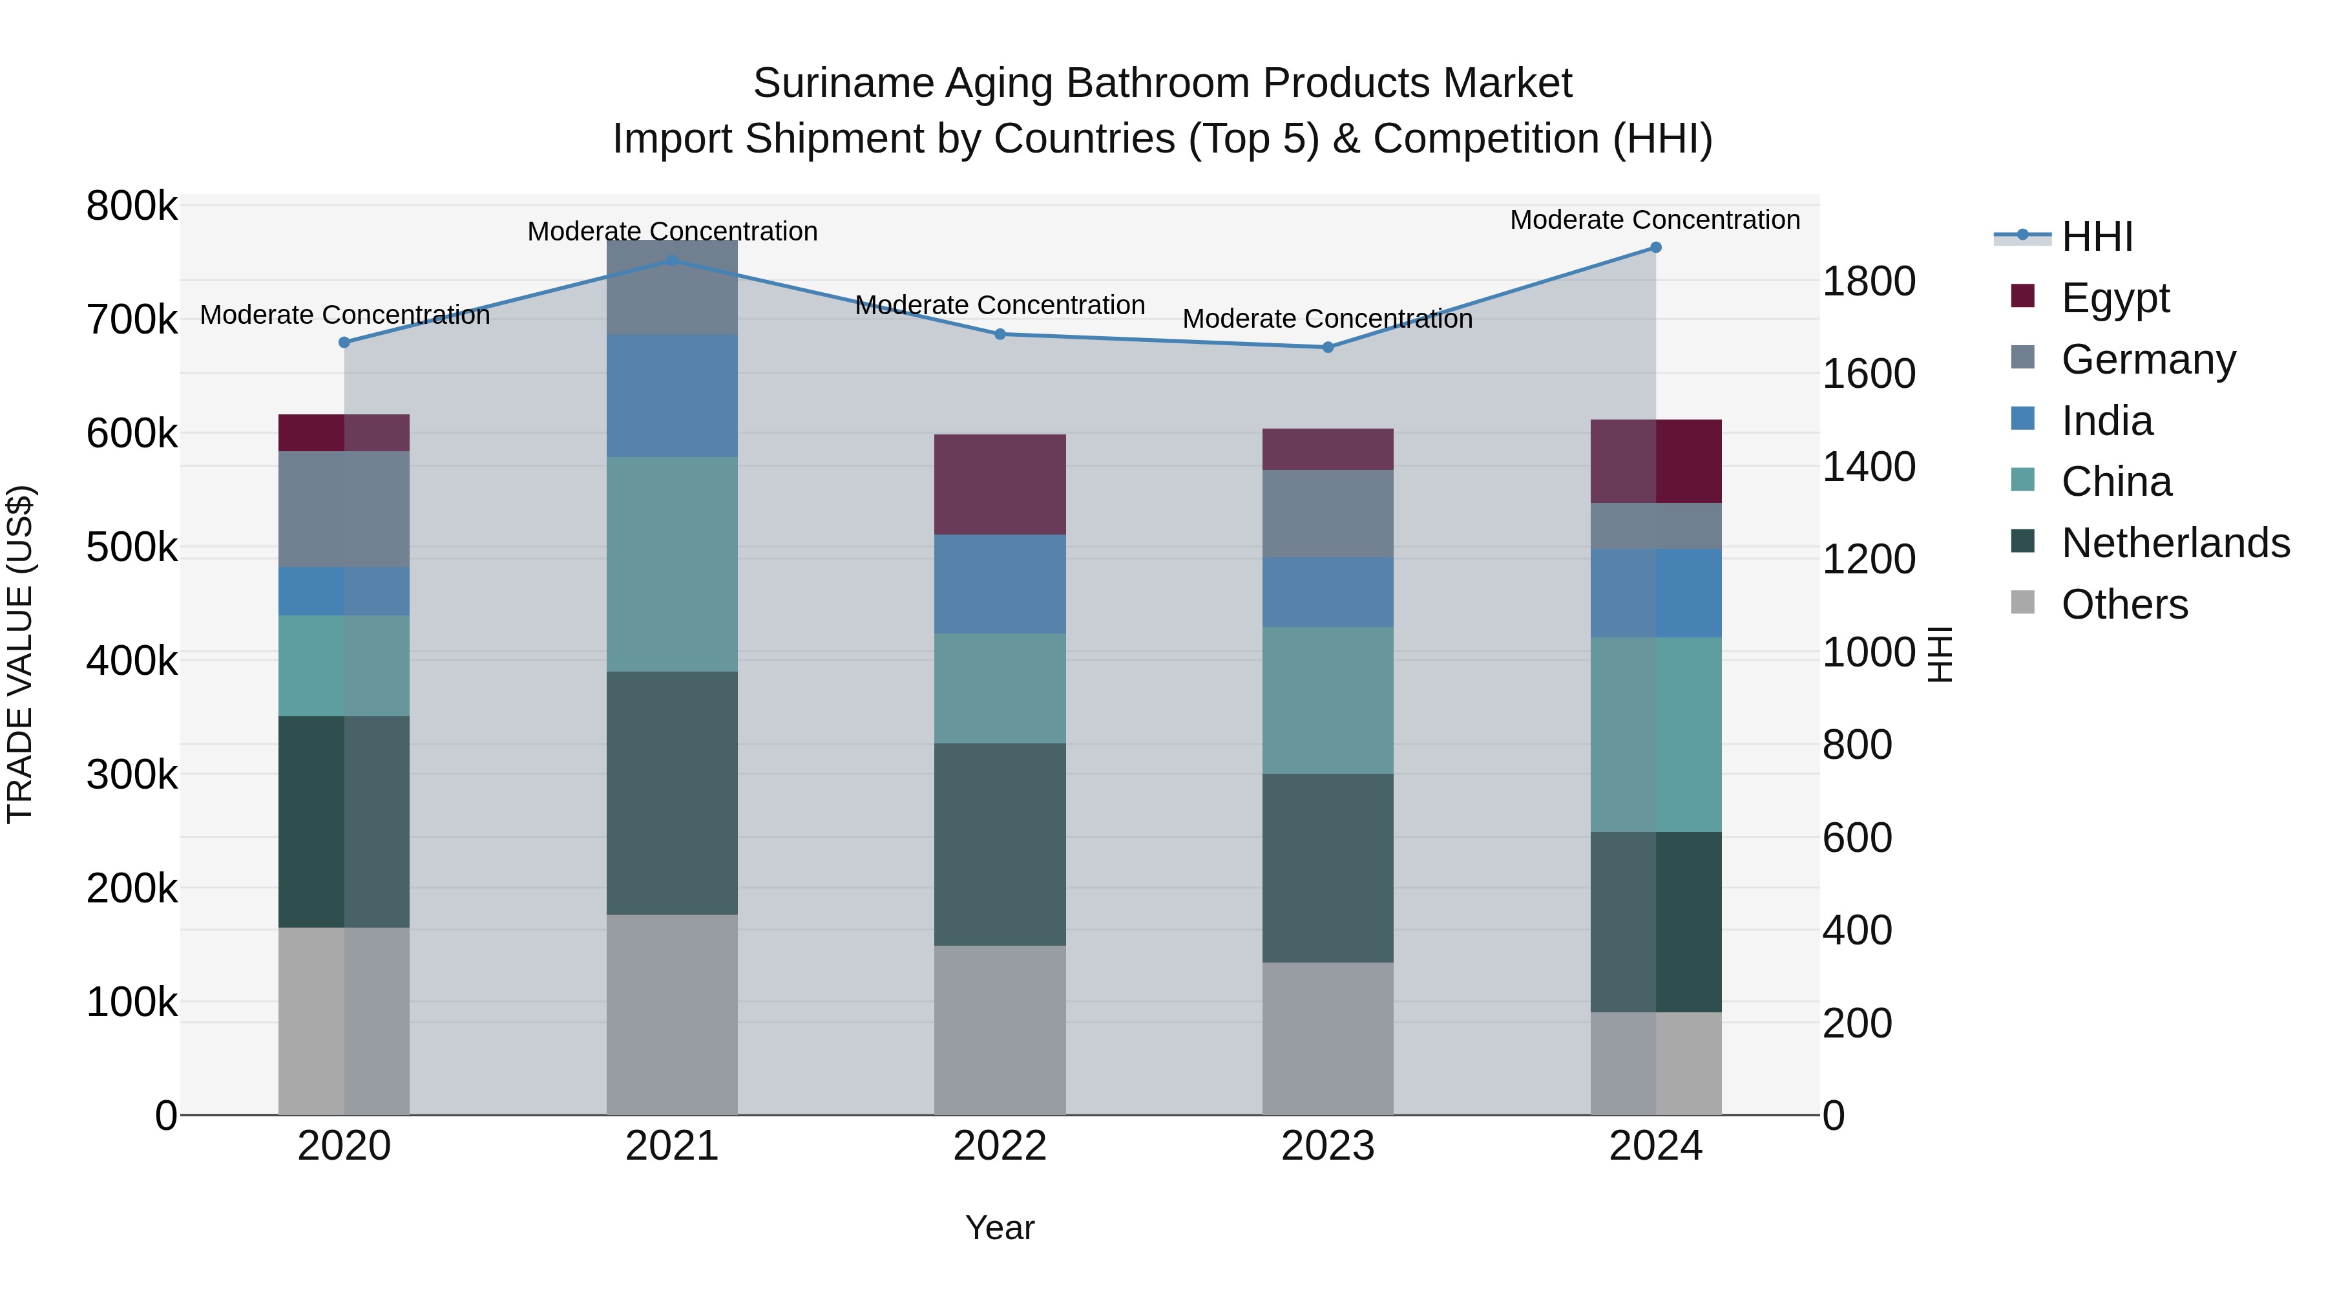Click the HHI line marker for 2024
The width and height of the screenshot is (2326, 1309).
[1655, 248]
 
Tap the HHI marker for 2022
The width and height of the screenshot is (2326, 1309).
[1000, 334]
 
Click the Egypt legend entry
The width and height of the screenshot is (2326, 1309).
[2115, 297]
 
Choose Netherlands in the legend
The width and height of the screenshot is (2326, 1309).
[2174, 543]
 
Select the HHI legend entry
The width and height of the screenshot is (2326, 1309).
[2097, 237]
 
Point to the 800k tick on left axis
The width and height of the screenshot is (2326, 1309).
[132, 206]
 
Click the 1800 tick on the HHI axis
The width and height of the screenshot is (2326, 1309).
[1868, 281]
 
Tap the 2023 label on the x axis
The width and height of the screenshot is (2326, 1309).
[1327, 1146]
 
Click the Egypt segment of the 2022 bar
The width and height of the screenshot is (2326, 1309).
[1000, 484]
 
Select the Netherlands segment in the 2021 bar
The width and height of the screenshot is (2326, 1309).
[672, 793]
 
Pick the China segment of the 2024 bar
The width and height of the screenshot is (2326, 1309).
[1655, 734]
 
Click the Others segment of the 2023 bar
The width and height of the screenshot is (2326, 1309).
[1327, 1038]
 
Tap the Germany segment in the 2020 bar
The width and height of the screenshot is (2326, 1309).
[344, 509]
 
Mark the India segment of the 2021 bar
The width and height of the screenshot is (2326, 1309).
[672, 396]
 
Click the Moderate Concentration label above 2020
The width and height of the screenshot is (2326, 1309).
[344, 315]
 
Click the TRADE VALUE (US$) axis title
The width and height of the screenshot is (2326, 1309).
[20, 654]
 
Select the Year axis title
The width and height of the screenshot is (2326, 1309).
[1000, 1228]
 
